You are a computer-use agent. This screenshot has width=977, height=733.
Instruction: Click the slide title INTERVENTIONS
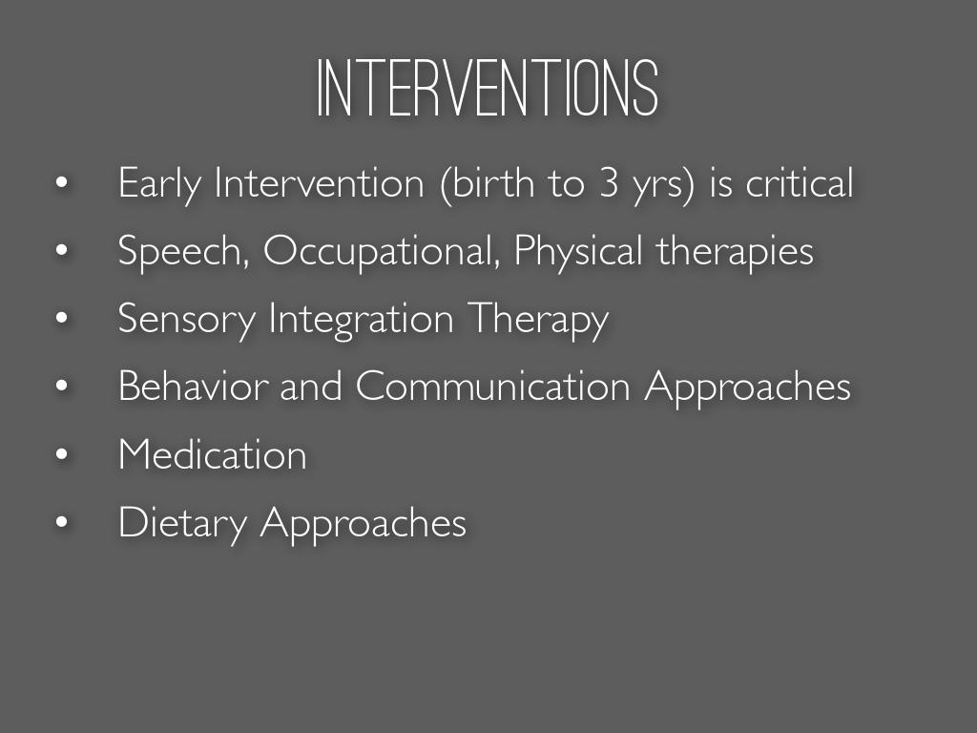coord(488,89)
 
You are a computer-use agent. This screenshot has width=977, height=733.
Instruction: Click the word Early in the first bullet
coord(159,184)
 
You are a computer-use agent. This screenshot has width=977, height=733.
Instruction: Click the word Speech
coord(184,251)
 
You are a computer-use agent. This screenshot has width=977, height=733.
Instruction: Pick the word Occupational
coord(382,251)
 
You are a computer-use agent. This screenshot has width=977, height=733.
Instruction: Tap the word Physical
coord(577,251)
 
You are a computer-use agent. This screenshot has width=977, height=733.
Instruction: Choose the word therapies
coord(735,251)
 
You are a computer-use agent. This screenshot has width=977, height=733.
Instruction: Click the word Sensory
coord(187,319)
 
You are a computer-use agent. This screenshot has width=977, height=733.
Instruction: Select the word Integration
coord(361,319)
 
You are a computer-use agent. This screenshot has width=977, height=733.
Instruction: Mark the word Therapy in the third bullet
coord(538,319)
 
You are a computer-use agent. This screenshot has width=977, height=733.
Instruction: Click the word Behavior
coord(193,386)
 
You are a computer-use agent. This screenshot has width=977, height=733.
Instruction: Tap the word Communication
coord(493,386)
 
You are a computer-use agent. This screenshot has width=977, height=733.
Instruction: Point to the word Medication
coord(213,453)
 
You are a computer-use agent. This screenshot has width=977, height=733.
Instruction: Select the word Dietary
coord(182,523)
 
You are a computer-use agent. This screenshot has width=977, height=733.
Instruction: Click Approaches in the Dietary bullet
coord(364,523)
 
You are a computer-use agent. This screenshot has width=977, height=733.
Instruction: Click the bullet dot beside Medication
coord(61,453)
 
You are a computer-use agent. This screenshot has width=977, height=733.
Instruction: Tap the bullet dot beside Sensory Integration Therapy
coord(61,318)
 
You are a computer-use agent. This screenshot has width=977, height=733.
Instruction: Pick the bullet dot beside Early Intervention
coord(61,182)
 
